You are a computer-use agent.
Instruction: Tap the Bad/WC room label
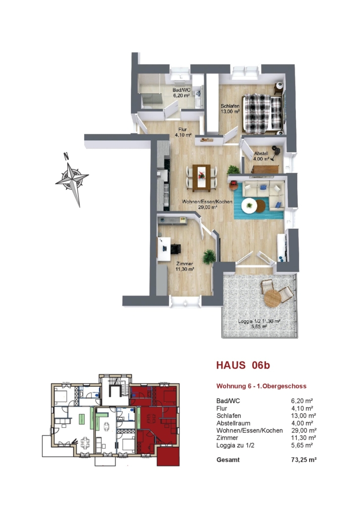coord(181,92)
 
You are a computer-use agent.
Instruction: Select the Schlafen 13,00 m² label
coord(230,109)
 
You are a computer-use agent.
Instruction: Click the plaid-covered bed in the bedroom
coord(263,113)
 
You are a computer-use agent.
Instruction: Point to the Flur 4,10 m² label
coord(183,132)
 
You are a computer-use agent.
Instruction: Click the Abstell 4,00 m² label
coord(262,156)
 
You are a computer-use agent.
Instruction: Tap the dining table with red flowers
coord(201,177)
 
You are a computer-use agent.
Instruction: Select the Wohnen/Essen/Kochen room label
coord(207,204)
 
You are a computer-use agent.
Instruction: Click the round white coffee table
coord(249,206)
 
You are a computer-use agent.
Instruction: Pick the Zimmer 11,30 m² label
coord(185,266)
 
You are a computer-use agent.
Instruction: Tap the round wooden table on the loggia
coord(272,298)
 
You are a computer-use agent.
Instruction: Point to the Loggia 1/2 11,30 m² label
coord(259,324)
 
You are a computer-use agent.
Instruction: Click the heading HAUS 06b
coord(243,365)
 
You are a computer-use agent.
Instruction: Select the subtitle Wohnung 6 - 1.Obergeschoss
coord(262,386)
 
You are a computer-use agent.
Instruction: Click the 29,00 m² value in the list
coord(304,430)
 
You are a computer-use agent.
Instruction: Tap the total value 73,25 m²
coord(304,460)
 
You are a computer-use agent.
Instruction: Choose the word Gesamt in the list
coord(228,460)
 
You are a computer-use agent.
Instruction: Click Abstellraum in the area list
coord(233,423)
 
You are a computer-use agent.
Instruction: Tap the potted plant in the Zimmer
coord(209,257)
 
